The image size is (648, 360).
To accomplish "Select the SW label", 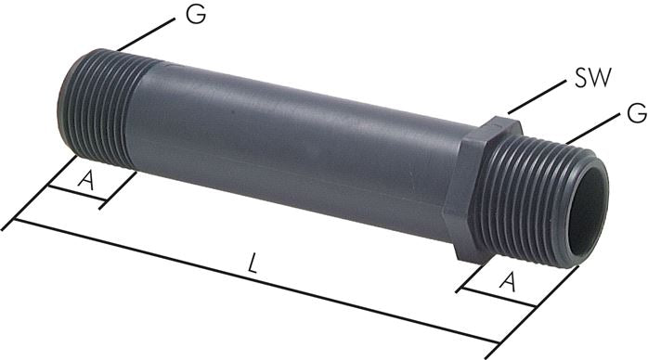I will tap(591, 78).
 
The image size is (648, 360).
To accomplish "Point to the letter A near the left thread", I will tap(86, 181).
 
